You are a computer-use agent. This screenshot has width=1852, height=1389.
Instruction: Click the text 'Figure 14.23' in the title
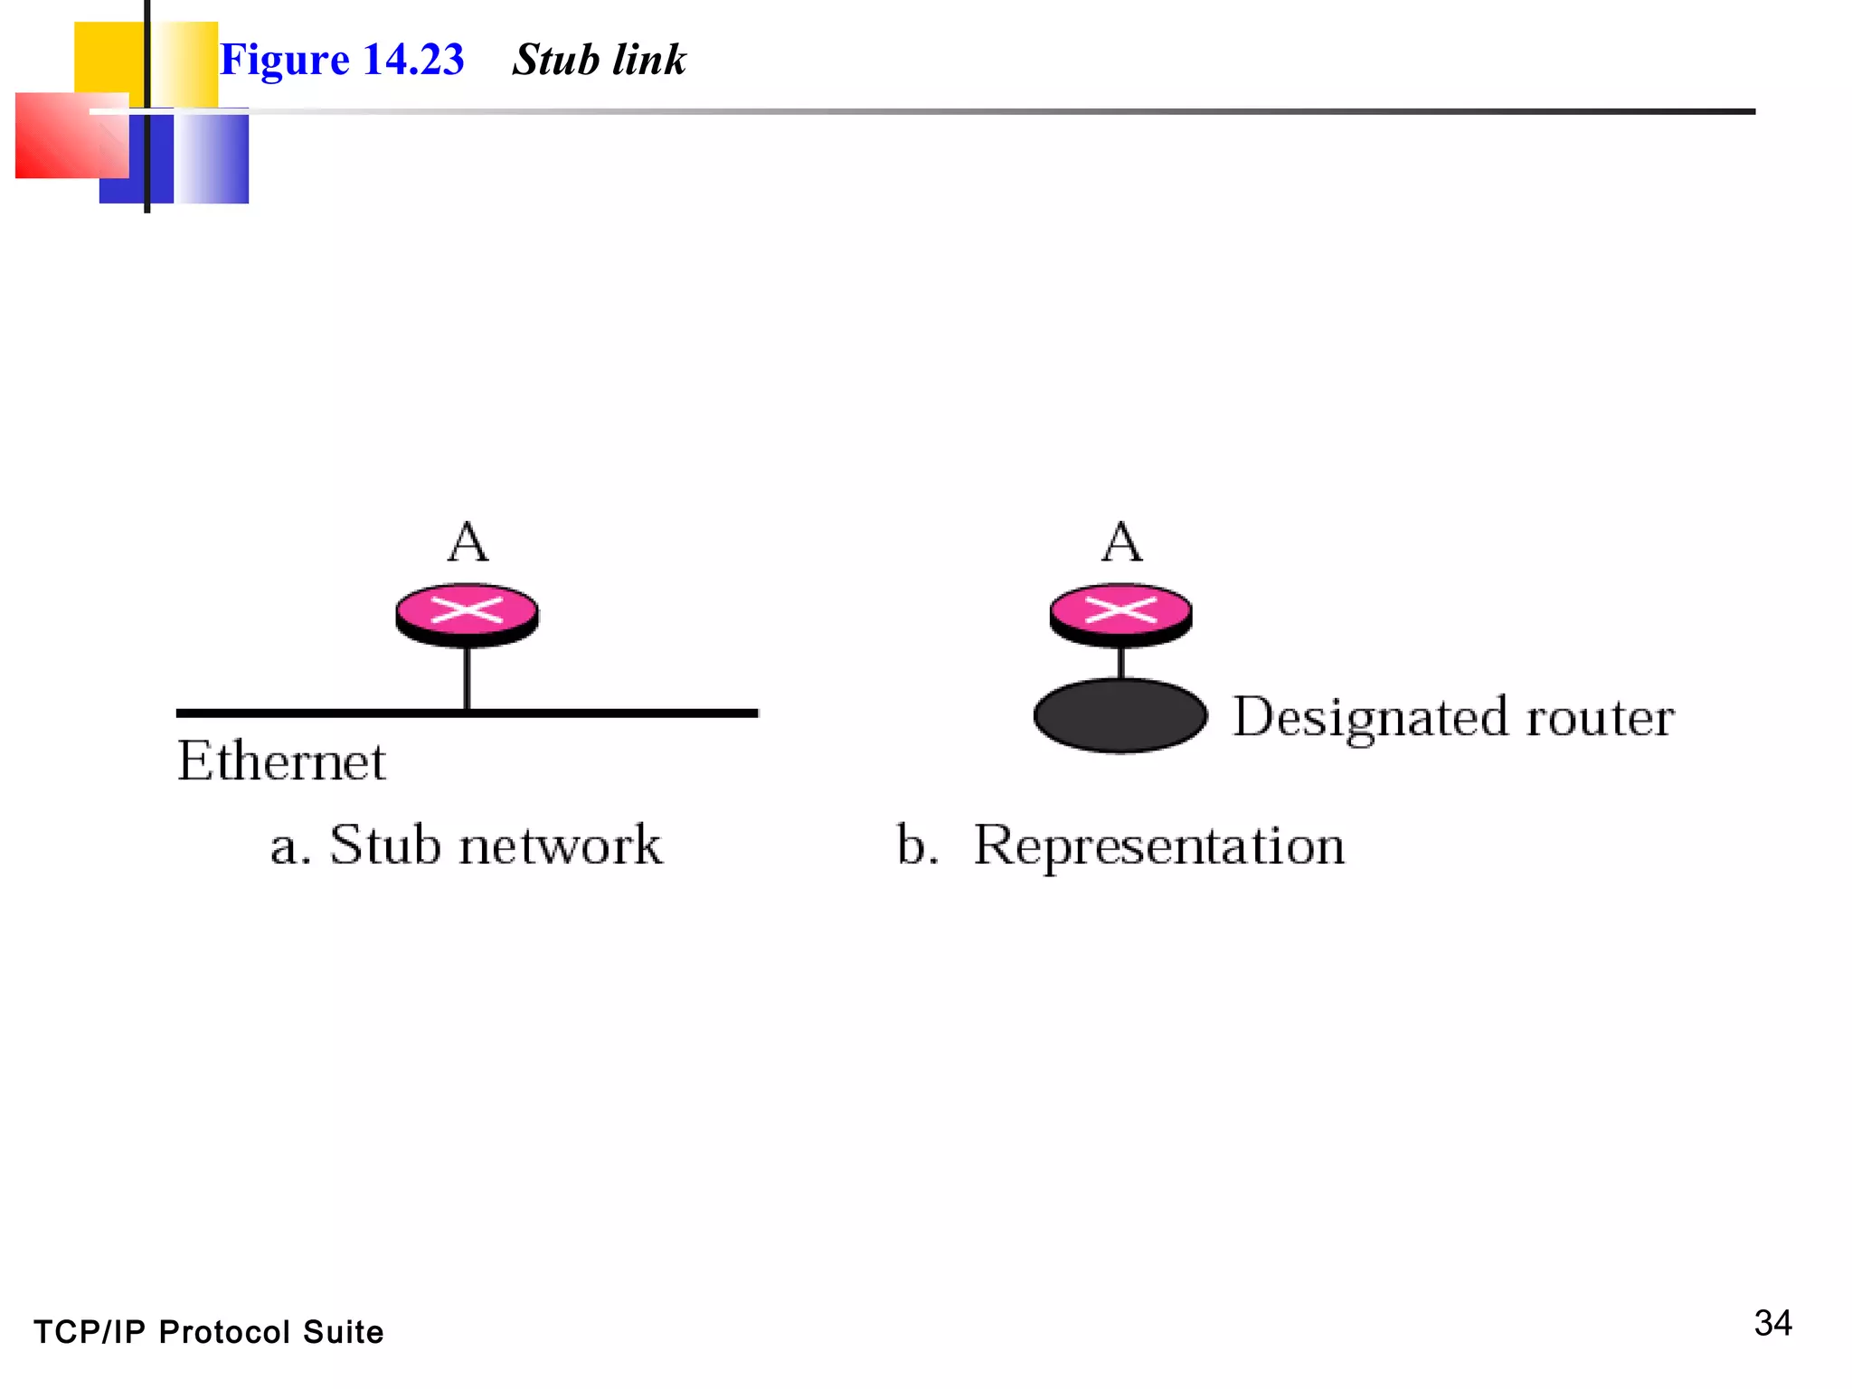pyautogui.click(x=342, y=60)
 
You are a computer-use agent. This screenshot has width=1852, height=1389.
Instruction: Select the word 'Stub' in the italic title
pyautogui.click(x=555, y=60)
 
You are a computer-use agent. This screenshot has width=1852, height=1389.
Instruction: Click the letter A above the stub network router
pyautogui.click(x=468, y=542)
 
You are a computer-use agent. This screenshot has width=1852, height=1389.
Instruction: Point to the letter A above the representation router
pyautogui.click(x=1121, y=542)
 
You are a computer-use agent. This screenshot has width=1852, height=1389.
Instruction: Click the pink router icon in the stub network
pyautogui.click(x=467, y=613)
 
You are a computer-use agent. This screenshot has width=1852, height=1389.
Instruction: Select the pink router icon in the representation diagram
pyautogui.click(x=1120, y=613)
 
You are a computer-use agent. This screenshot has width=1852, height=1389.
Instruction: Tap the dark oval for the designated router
pyautogui.click(x=1120, y=715)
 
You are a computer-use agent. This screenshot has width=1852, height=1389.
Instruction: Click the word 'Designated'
pyautogui.click(x=1371, y=718)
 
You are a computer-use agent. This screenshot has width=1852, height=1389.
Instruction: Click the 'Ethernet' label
pyautogui.click(x=281, y=761)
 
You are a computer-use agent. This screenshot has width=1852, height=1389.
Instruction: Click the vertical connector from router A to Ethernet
pyautogui.click(x=467, y=678)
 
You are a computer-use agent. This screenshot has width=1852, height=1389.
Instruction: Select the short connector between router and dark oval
pyautogui.click(x=1121, y=663)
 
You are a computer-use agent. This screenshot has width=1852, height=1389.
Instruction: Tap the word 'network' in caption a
pyautogui.click(x=560, y=845)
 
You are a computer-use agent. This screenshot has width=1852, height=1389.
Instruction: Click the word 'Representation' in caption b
pyautogui.click(x=1158, y=846)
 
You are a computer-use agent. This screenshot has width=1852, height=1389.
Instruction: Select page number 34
pyautogui.click(x=1772, y=1323)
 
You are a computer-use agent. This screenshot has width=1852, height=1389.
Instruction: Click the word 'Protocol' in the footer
pyautogui.click(x=224, y=1332)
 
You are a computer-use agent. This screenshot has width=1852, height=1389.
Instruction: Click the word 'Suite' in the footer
pyautogui.click(x=343, y=1332)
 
